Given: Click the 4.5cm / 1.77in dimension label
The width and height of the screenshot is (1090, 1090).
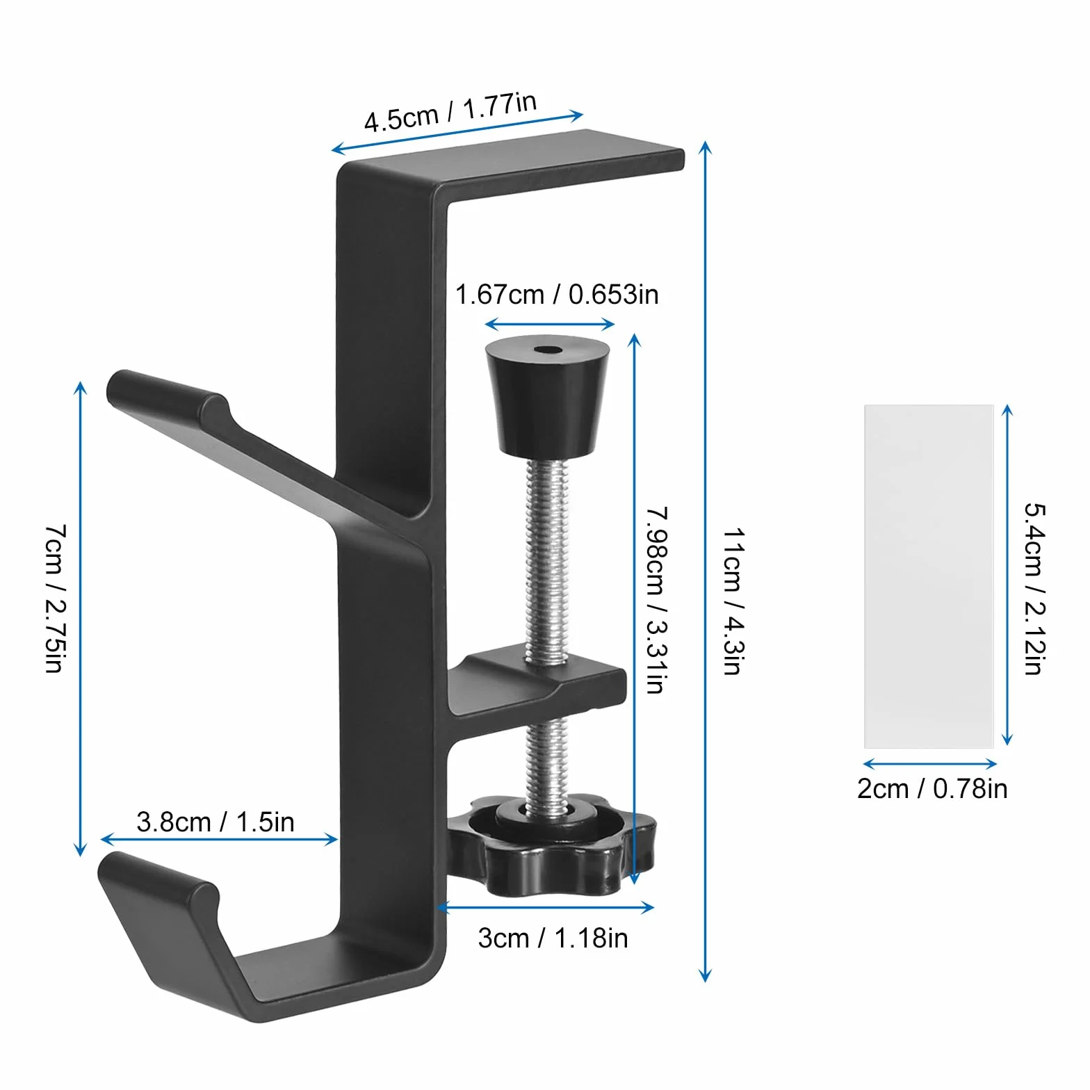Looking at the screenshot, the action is tap(450, 111).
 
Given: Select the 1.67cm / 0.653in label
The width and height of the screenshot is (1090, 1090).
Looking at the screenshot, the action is tap(557, 295).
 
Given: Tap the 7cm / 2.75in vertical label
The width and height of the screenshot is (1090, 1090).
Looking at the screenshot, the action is tap(56, 599).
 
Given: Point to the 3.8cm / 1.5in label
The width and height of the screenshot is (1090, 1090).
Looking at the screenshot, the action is tap(215, 822).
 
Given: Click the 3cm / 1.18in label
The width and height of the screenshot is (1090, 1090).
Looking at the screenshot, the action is tap(553, 938).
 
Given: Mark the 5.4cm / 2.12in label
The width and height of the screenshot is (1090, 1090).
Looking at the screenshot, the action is tap(1035, 588).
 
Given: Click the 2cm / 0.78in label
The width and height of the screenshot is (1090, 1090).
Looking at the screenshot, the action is tap(932, 789).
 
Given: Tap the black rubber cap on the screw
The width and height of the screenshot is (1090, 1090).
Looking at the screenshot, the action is tap(547, 396).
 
